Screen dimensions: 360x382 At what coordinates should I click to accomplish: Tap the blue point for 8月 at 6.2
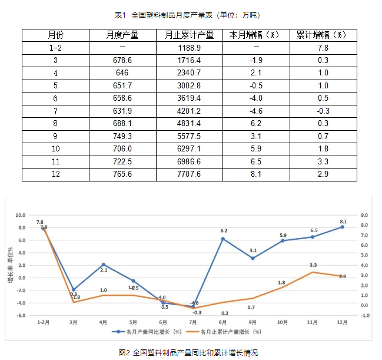coord(223,239)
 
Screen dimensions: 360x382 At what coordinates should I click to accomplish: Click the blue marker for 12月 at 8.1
coord(342,227)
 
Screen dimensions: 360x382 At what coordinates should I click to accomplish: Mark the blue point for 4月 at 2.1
coord(103,265)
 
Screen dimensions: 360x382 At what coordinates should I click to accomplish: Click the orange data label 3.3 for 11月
coord(313,265)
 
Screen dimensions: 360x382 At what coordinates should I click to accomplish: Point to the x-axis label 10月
coord(283,322)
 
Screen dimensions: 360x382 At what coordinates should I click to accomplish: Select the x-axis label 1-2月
coord(44,322)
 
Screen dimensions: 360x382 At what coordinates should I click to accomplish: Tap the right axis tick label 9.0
coord(364,215)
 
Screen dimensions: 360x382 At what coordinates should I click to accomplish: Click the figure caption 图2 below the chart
coord(188,352)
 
